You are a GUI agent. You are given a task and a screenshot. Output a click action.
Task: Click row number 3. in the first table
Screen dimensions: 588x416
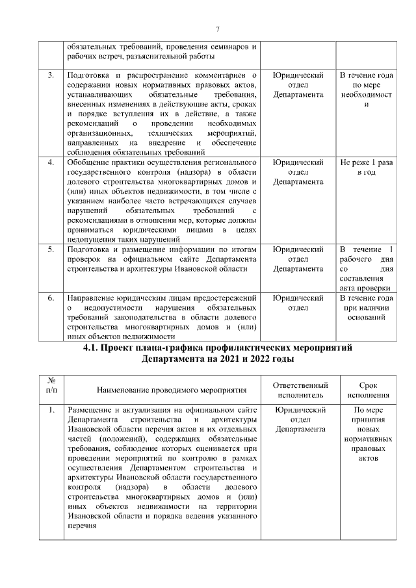[51, 76]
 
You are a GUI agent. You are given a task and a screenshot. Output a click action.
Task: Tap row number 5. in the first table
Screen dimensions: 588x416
[51, 249]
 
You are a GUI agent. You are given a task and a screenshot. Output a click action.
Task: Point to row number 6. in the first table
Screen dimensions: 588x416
[51, 298]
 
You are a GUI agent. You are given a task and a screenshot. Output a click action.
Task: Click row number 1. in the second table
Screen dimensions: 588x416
[51, 411]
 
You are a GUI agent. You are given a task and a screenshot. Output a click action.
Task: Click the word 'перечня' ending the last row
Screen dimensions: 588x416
[82, 527]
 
